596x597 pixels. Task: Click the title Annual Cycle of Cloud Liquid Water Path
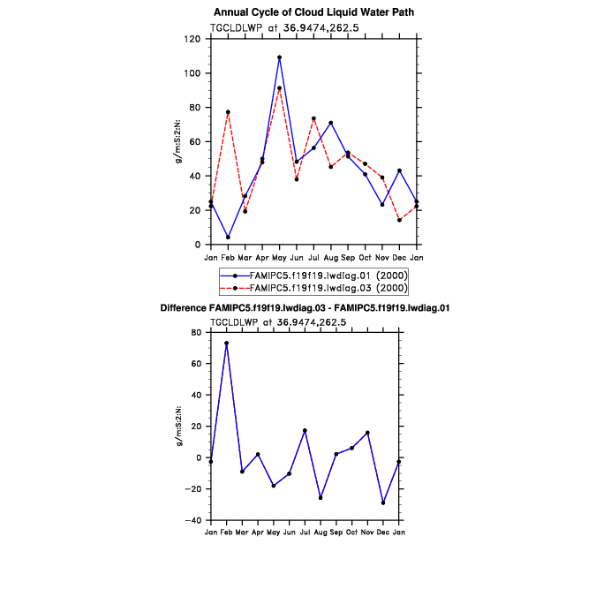(x=313, y=12)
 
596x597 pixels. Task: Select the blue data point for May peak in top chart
(x=279, y=57)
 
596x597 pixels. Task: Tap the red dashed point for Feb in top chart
(x=228, y=112)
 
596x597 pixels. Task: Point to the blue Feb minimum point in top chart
(x=228, y=237)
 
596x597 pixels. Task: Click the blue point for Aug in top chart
(x=330, y=123)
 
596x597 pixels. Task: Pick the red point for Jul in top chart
(x=313, y=118)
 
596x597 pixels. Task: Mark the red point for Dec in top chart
(x=399, y=220)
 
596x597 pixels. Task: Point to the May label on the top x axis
(x=279, y=257)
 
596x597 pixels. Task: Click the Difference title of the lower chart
(x=306, y=308)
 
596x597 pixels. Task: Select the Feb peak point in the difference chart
(x=226, y=343)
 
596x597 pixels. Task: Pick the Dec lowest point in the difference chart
(x=383, y=503)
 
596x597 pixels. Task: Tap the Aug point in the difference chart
(x=321, y=498)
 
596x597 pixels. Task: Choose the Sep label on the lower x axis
(x=336, y=533)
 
